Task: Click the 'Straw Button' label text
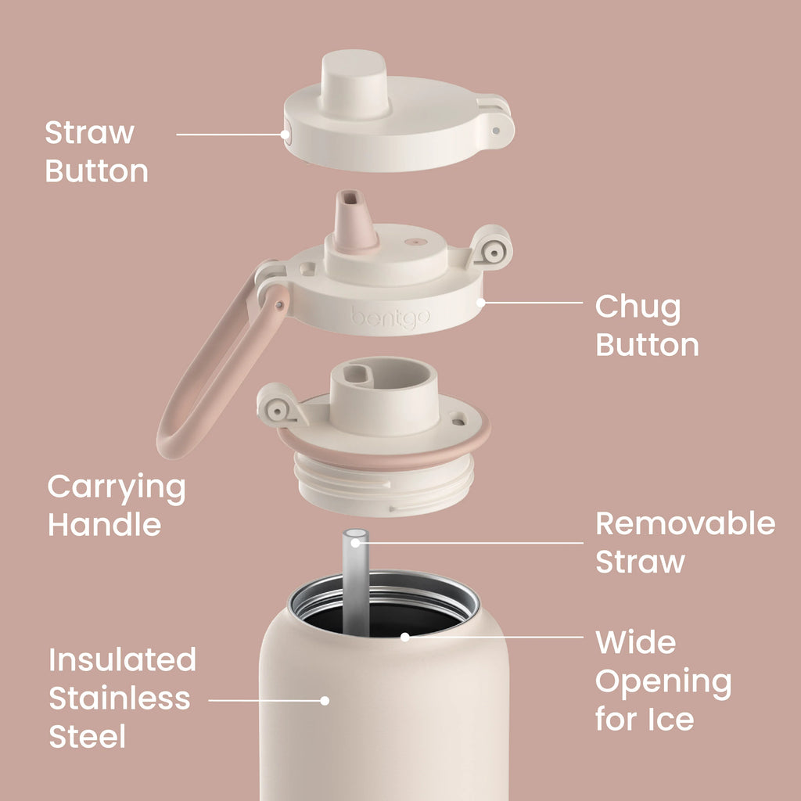point(96,152)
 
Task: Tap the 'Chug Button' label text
point(647,325)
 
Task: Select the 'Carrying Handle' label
point(117,505)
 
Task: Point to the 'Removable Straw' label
point(685,543)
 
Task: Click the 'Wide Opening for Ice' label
point(663,681)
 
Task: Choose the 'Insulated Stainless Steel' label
point(122,699)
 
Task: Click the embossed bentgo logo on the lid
point(390,318)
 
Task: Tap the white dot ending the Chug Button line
point(481,303)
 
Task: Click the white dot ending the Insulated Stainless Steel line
point(325,700)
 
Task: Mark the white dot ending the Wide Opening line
point(405,637)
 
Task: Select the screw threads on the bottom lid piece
point(384,485)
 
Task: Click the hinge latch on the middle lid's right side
point(490,248)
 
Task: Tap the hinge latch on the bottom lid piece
point(280,407)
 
